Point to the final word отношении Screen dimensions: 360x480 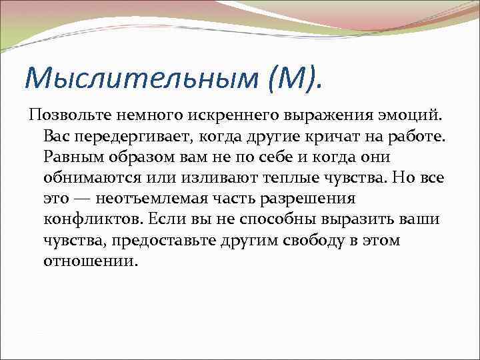89,261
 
